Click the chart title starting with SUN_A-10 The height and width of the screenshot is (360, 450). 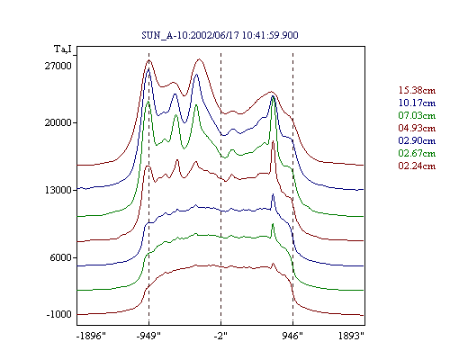coord(220,35)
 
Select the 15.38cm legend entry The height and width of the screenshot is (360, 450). coord(417,90)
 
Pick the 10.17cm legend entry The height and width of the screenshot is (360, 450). coord(417,103)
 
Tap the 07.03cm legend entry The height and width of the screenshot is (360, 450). coord(417,115)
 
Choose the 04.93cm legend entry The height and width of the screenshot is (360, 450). coord(417,128)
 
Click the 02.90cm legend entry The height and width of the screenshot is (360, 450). coord(417,140)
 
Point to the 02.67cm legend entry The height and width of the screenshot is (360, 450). coord(417,153)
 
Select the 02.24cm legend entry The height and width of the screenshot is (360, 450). coord(417,166)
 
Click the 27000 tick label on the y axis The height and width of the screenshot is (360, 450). coord(58,66)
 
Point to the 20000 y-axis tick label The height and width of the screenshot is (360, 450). coord(58,122)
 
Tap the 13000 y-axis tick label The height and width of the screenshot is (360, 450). coord(58,190)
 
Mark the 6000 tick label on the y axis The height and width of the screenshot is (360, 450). coord(61,257)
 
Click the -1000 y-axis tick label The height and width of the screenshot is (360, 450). coord(58,314)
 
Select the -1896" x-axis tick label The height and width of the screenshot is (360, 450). coord(92,336)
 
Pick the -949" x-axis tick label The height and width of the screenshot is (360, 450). coord(148,336)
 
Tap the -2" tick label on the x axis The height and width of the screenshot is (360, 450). coord(220,336)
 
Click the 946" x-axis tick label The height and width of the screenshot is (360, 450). coord(292,336)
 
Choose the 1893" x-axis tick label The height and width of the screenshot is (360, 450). coord(351,336)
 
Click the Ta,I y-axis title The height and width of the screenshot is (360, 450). coord(63,49)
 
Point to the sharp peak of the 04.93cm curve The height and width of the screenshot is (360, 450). coord(273,141)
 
